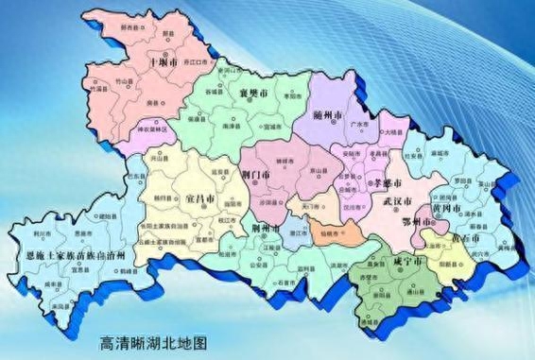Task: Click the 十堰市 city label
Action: point(164,62)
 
